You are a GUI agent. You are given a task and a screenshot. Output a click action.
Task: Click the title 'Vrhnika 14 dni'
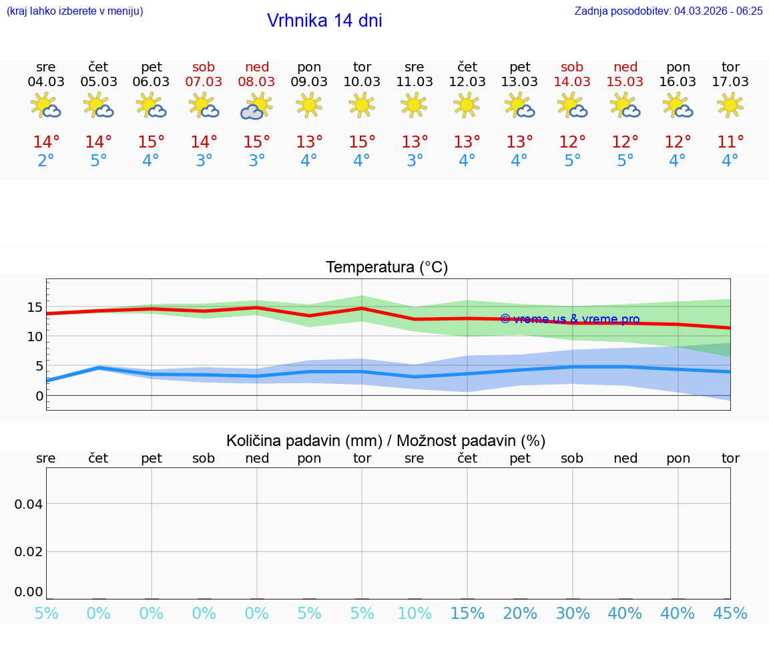coord(324,21)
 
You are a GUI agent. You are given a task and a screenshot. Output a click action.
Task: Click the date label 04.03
coord(46,82)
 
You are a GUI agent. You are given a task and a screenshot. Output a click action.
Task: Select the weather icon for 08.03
coord(257,106)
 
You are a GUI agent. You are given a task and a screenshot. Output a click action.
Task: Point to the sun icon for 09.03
coord(309,105)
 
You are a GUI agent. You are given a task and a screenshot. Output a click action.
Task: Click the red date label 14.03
coord(572,82)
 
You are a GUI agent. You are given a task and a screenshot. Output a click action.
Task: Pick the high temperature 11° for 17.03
coord(730,142)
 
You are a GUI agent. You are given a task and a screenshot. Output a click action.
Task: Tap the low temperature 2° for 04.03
coord(46,161)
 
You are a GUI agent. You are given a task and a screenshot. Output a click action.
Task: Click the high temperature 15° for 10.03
coord(362,142)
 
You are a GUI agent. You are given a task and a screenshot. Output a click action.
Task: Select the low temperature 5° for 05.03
coord(99,161)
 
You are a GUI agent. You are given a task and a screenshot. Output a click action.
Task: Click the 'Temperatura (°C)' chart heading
coord(387,268)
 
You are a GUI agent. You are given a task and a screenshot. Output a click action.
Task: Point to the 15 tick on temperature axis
coord(35,308)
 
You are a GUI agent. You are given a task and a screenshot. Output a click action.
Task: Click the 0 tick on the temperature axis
coord(39,396)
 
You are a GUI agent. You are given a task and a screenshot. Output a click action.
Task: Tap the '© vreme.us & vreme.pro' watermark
coord(569,319)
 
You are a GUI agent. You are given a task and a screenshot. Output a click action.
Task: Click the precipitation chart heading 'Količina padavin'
coord(386,441)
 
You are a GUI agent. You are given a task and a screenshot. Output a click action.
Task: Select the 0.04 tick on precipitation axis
coord(29,504)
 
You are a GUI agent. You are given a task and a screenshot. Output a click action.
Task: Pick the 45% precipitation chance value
coord(730,614)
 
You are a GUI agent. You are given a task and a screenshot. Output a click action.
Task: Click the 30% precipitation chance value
coord(572,614)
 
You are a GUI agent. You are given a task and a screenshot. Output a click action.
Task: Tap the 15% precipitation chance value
coord(467,614)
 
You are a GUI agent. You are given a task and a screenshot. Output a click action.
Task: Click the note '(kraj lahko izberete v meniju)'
coord(75,11)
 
